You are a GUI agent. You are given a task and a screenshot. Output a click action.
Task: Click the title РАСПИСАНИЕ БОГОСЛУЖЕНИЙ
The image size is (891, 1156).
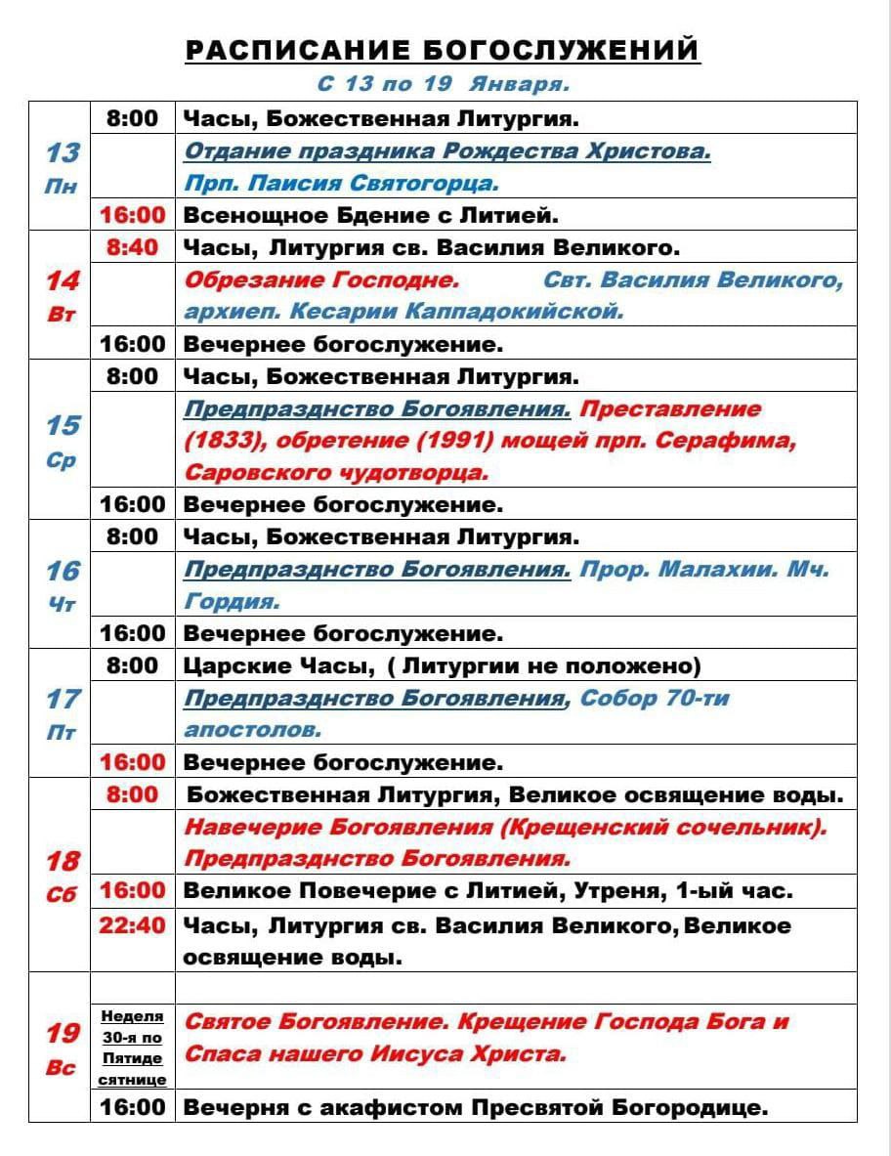(x=443, y=50)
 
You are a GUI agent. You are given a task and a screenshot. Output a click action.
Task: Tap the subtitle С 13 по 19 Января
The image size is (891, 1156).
(x=443, y=84)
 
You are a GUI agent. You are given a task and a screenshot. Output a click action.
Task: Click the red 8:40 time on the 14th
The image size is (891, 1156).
(x=132, y=247)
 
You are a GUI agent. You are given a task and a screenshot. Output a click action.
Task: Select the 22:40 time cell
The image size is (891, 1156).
(x=132, y=924)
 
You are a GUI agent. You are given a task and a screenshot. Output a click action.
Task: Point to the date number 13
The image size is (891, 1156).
(x=63, y=152)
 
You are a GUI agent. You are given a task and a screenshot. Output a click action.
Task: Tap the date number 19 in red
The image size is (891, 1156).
(x=63, y=1033)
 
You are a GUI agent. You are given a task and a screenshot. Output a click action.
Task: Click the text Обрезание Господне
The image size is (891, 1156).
(x=321, y=280)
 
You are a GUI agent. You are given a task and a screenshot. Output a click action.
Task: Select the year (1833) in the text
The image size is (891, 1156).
(x=223, y=441)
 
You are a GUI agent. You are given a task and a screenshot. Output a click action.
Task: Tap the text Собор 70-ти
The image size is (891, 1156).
(x=654, y=699)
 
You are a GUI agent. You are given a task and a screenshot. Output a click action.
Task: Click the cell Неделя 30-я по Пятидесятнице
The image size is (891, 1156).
(x=132, y=1048)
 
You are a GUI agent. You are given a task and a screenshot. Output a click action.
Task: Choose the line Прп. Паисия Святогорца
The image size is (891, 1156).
(x=341, y=184)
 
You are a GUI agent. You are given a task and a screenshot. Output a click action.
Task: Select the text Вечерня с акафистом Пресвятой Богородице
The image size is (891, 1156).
(x=476, y=1107)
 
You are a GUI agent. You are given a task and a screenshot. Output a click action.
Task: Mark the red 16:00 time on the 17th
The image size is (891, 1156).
(x=132, y=762)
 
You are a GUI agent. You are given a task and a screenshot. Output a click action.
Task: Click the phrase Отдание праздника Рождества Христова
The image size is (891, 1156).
(x=447, y=152)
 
